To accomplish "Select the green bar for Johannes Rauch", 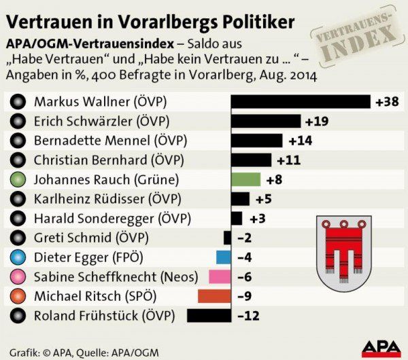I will tap(245, 179).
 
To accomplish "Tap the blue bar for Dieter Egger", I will tap(224, 257).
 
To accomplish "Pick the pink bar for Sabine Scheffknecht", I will tap(220, 276).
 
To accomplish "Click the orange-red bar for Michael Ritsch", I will tap(214, 296).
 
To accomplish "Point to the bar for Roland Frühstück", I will tap(209, 315).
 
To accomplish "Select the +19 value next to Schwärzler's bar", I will tap(317, 122).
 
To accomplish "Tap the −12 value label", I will tap(248, 315).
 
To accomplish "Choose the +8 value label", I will tap(274, 179).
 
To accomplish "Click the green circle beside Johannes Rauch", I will tap(18, 180).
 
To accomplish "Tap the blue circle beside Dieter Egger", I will tap(18, 257).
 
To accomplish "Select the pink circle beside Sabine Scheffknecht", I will tap(18, 277).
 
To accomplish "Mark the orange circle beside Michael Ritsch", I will tap(18, 296).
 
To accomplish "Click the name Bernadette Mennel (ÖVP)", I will tap(109, 141).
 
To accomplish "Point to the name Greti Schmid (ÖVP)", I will tap(91, 238).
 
